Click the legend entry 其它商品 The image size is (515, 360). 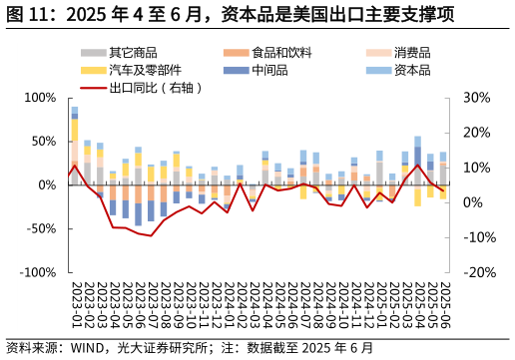[132, 52]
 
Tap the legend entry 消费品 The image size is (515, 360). [412, 52]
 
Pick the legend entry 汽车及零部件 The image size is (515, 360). [145, 70]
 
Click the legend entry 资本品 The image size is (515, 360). [412, 70]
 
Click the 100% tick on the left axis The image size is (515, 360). [40, 98]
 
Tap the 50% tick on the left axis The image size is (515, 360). [43, 142]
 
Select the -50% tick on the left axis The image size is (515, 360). [41, 228]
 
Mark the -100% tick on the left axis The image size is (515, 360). [38, 272]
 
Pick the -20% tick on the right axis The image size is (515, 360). [480, 272]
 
